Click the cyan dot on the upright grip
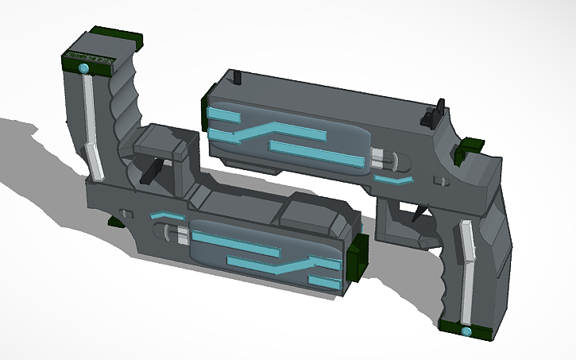pyautogui.click(x=83, y=70)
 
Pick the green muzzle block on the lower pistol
pyautogui.click(x=358, y=256)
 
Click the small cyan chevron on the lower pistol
pyautogui.click(x=168, y=215)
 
